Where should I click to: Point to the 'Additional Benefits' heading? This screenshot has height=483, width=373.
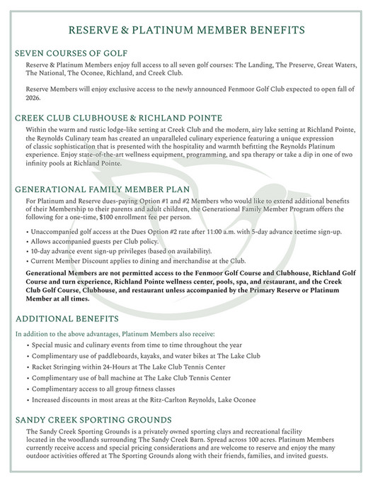point(63,318)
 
